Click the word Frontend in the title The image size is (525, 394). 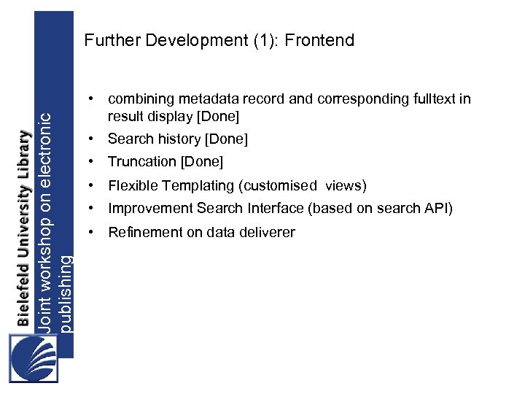[319, 40]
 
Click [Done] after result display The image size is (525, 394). [214, 116]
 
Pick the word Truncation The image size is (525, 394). [142, 161]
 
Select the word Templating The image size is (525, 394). [193, 185]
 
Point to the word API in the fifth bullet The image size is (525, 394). [438, 209]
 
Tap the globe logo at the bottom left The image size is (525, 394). [33, 358]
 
